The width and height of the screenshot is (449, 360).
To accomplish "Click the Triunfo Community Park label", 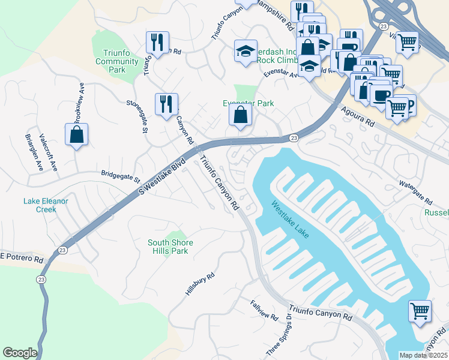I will tap(116, 61).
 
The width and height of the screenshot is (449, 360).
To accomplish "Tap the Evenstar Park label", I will tap(249, 103).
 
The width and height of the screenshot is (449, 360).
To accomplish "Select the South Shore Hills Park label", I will tap(171, 247).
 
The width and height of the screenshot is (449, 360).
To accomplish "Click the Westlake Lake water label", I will tap(290, 220).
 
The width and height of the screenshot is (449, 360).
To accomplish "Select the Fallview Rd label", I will tap(265, 310).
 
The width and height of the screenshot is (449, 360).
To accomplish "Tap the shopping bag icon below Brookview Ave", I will tap(77, 136).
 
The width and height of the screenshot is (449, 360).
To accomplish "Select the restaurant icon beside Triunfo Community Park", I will tap(157, 43).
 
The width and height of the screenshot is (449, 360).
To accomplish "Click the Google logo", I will tap(20, 353).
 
